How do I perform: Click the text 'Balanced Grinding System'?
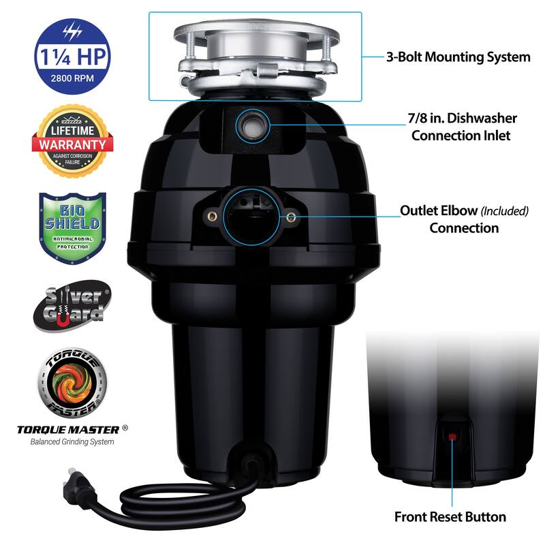click(x=72, y=441)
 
